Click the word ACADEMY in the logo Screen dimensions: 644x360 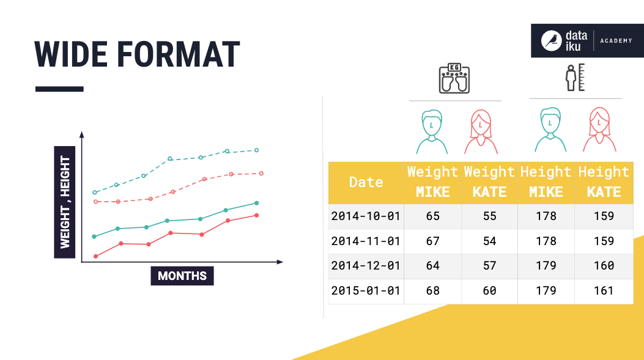pos(615,40)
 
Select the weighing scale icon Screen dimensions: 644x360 pos(454,78)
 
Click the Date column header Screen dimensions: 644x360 pos(366,182)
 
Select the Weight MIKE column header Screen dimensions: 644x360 pos(432,182)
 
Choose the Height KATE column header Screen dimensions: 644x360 pos(604,182)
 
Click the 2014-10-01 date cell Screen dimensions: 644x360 pos(366,216)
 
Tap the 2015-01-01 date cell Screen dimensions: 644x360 pos(366,291)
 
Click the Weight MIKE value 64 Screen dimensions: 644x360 pos(432,266)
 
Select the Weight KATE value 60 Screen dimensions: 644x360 pos(489,291)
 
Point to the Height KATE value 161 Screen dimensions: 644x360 pos(604,291)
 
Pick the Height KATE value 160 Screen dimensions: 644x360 pos(604,266)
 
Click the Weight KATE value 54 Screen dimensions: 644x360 pos(489,241)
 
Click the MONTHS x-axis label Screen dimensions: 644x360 pos(182,276)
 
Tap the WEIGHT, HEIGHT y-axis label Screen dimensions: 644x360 pos(65,202)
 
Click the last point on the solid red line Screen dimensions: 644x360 pos(256,215)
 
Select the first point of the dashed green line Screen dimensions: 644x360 pos(94,193)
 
